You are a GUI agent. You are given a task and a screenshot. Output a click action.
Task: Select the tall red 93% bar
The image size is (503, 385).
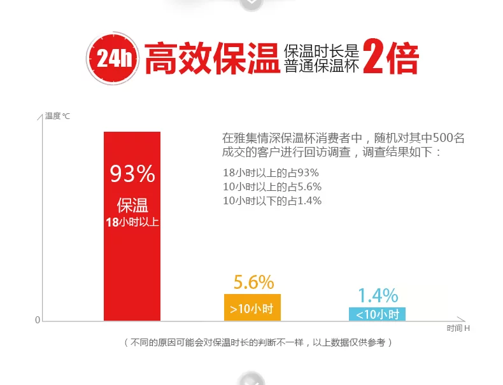(132, 255)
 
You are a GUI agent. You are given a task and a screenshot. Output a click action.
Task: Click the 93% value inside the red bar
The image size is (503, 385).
(132, 173)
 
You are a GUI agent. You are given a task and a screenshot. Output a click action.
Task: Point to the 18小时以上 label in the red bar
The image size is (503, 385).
(132, 222)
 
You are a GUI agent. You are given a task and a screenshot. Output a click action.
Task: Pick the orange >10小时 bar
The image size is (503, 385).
(252, 308)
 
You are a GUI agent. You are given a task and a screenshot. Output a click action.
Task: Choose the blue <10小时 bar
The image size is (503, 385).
(377, 314)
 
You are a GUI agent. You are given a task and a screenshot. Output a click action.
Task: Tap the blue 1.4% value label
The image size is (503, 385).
(378, 295)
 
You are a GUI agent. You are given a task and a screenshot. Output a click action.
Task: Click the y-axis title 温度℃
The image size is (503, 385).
(57, 116)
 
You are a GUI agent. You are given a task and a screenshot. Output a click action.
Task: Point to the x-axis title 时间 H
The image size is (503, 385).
(458, 328)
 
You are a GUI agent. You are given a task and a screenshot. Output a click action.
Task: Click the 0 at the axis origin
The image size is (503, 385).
(38, 320)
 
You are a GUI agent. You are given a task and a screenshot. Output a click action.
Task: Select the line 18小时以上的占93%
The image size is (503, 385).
(271, 173)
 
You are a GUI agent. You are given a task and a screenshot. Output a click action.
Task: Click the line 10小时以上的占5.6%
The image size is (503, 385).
(272, 187)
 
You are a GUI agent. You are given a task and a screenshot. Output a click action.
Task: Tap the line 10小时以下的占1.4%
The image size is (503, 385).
(272, 201)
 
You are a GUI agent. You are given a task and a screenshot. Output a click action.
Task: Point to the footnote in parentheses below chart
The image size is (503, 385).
(257, 343)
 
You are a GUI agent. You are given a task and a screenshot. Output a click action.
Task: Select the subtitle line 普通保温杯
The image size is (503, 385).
(322, 66)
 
